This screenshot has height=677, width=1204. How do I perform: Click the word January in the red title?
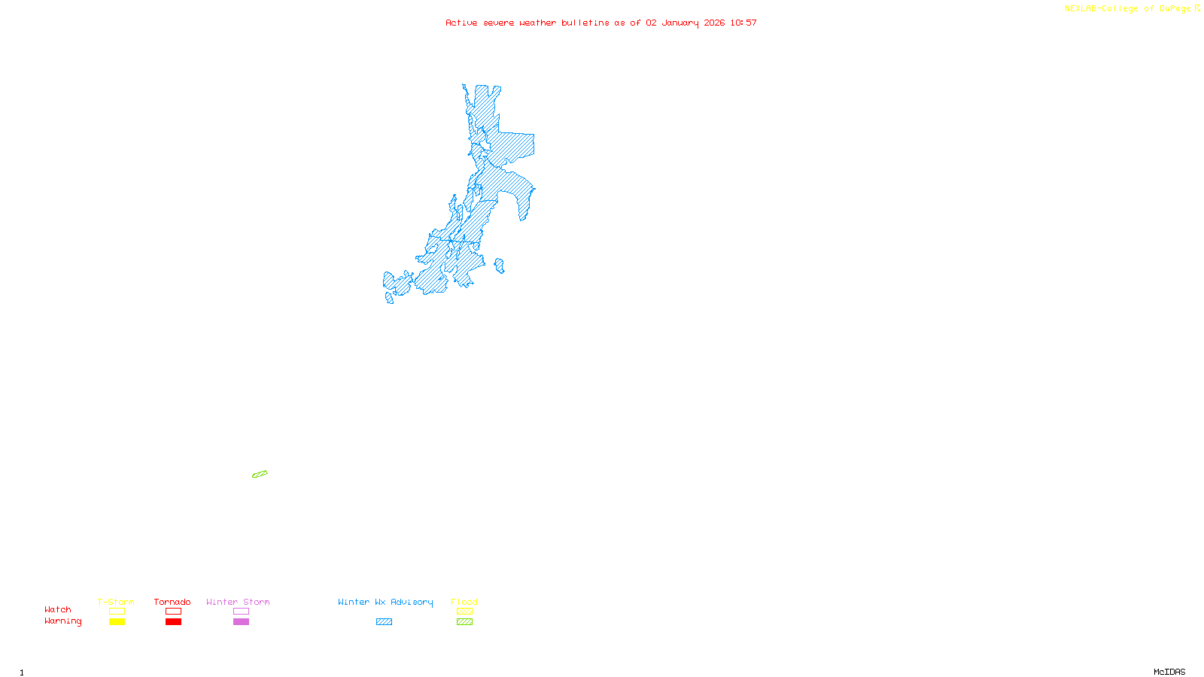pos(680,23)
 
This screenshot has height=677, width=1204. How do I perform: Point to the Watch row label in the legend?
pos(58,609)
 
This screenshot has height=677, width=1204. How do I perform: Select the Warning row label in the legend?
pos(62,621)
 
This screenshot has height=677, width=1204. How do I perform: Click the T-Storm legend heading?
pos(116,602)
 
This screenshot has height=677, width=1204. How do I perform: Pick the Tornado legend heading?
pos(172,602)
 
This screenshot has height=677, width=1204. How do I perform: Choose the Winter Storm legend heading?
pos(238,602)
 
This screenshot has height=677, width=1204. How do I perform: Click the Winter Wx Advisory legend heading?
pos(385,602)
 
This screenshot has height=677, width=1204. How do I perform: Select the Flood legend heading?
pos(464,602)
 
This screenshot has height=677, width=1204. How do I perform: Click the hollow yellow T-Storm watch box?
pos(117,612)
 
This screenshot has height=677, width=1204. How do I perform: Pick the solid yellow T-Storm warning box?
pos(117,622)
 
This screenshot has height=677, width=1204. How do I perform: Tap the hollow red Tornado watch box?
pos(173,612)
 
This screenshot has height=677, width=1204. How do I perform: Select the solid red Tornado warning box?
pos(173,622)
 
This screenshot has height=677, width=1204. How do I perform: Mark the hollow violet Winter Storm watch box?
pos(241,612)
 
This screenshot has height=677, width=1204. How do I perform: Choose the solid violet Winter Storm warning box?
pos(241,622)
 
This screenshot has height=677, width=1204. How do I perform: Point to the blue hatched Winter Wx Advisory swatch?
pos(384,622)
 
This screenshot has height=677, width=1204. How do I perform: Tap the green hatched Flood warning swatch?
pos(464,622)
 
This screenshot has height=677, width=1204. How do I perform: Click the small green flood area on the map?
pos(260,474)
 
